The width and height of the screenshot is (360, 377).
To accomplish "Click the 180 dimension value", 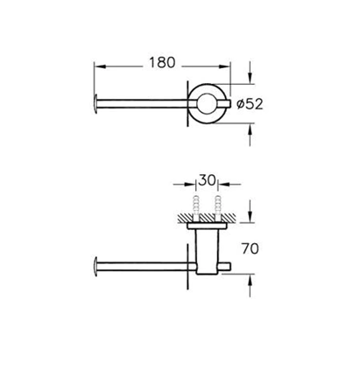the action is click(x=162, y=62).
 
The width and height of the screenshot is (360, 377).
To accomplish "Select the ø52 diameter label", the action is click(x=250, y=104).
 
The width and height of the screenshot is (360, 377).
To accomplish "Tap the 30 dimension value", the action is click(x=207, y=180).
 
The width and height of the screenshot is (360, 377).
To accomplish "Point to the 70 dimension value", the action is click(x=251, y=248).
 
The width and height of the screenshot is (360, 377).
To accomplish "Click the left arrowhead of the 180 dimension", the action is click(x=100, y=66).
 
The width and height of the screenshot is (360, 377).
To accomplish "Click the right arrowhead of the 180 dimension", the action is click(x=224, y=66).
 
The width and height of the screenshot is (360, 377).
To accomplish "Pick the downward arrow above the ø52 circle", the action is click(x=250, y=73).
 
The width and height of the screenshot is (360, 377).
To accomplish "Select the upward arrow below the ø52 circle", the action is click(x=250, y=135).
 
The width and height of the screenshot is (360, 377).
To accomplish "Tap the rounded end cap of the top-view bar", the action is click(x=95, y=104).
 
